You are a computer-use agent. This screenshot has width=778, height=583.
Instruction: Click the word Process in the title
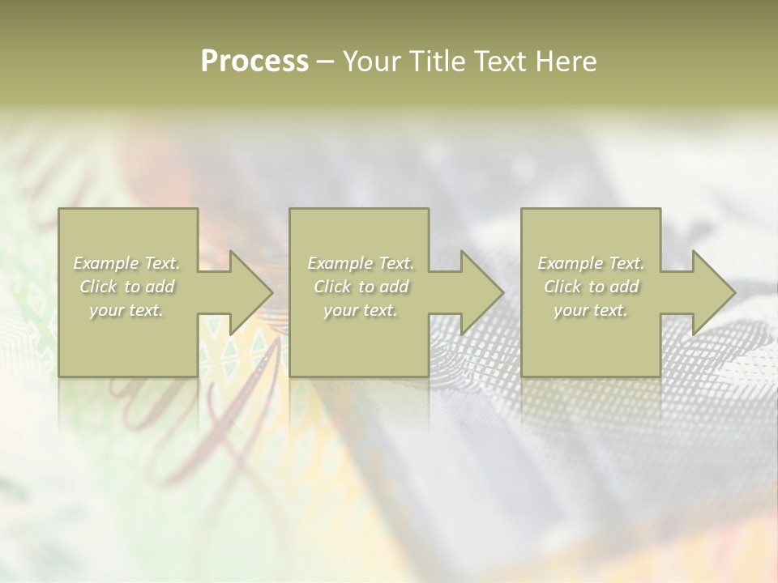tap(254, 62)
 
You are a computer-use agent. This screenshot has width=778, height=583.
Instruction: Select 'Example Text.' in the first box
tap(126, 263)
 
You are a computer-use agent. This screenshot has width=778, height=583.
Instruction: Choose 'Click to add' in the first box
tap(126, 287)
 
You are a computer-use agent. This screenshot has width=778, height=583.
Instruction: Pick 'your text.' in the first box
tap(126, 310)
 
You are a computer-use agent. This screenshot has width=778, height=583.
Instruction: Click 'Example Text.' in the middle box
tap(360, 263)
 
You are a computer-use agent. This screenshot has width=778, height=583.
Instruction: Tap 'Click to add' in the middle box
tap(360, 287)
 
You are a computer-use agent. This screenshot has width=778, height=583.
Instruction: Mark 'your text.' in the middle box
tap(360, 310)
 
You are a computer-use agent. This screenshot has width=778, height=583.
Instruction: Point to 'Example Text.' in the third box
tap(591, 263)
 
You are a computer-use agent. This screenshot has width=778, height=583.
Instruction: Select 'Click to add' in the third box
tap(591, 287)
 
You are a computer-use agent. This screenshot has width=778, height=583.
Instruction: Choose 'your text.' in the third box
tap(591, 310)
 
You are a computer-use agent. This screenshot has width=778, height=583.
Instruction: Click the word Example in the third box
tap(571, 263)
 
